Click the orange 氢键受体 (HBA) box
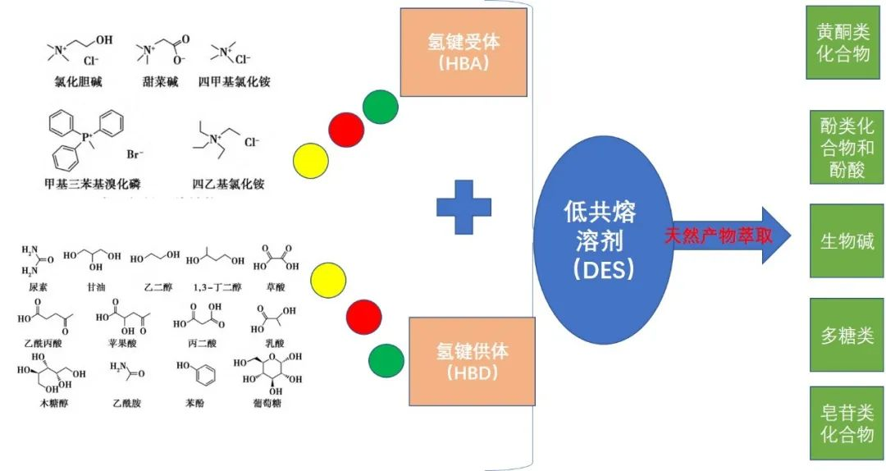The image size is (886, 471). [x=463, y=53]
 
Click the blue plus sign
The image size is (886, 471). [x=464, y=208]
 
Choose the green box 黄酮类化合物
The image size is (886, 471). [x=843, y=43]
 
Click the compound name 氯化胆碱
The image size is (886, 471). [x=75, y=83]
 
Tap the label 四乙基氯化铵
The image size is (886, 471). [x=228, y=184]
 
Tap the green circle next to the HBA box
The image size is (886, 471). [x=380, y=107]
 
